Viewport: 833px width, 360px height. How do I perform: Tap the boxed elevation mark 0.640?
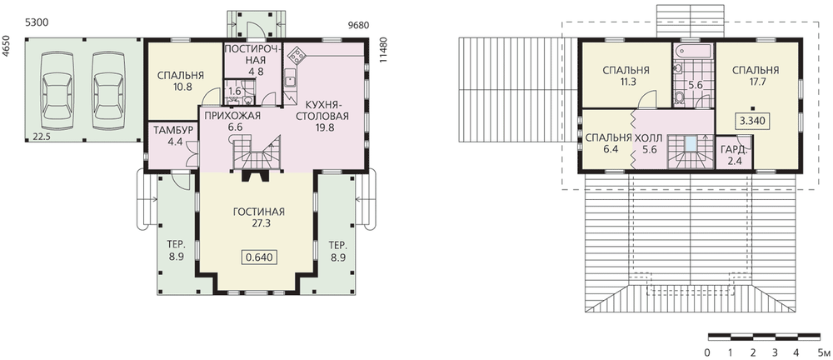point(260,257)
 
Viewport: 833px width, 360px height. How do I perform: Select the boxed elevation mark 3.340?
point(753,121)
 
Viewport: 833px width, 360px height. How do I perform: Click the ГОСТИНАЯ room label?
point(259,212)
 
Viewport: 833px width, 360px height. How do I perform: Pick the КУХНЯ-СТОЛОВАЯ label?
point(322,110)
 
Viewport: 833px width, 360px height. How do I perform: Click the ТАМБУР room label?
point(169,130)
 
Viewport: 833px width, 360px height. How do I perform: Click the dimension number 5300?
point(36,24)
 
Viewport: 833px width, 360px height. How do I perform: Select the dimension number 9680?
point(358,26)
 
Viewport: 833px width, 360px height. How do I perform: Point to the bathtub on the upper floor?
point(693,52)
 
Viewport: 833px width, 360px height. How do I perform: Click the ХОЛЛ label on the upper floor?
point(649,138)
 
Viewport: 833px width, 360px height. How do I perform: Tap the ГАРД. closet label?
point(734,151)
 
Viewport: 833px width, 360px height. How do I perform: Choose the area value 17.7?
point(756,82)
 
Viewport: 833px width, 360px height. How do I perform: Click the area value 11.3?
point(626,82)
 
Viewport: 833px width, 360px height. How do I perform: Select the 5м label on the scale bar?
point(824,352)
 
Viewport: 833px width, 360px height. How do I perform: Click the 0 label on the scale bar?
point(707,352)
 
